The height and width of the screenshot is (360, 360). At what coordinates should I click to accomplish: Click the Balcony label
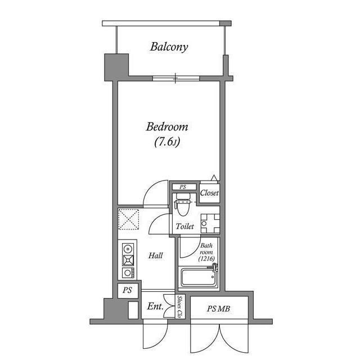(x=169, y=47)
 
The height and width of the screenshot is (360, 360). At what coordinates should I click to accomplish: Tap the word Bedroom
(x=167, y=127)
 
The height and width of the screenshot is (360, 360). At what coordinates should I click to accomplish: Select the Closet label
(x=209, y=193)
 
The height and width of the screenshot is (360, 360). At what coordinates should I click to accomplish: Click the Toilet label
(x=185, y=226)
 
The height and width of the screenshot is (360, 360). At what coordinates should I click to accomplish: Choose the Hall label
(x=156, y=256)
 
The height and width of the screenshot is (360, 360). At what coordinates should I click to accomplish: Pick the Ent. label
(x=155, y=307)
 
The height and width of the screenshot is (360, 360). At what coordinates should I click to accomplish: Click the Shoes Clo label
(x=179, y=307)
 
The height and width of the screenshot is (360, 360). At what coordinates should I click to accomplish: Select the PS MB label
(x=219, y=308)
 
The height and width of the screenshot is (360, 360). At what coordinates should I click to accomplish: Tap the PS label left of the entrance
(x=128, y=291)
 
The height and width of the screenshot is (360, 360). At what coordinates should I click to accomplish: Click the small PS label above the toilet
(x=183, y=187)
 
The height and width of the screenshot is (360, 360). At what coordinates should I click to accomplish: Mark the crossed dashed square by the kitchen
(x=129, y=219)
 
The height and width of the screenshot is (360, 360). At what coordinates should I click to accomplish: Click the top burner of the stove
(x=128, y=247)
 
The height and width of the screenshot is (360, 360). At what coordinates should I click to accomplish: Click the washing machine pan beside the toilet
(x=209, y=222)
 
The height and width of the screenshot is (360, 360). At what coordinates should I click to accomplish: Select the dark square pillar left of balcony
(x=115, y=66)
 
